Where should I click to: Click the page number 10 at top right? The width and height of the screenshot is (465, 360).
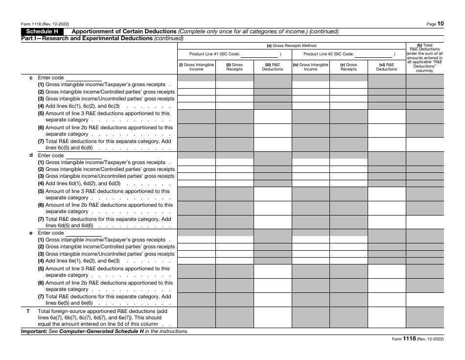441,23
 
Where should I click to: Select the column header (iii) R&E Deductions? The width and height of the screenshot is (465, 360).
273,67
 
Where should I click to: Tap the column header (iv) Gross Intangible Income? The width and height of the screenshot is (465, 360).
310,67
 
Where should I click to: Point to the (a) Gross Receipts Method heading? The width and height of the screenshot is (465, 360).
291,46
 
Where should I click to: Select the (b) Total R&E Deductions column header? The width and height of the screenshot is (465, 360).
424,58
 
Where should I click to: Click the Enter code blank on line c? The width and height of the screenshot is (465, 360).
83,78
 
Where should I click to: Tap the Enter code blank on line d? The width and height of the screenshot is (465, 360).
83,156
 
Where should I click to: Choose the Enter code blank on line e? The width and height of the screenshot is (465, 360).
83,233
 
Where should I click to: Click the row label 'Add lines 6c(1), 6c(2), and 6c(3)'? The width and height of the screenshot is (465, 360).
83,106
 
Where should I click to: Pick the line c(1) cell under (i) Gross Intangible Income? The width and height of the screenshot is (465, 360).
196,85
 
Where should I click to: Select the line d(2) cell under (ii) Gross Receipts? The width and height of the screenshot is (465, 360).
234,169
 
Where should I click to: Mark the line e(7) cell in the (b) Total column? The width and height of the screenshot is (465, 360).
424,299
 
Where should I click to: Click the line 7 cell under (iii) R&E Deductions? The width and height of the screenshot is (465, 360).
273,317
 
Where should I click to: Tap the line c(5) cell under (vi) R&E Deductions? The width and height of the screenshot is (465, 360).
387,117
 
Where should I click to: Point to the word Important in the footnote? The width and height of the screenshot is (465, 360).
33,332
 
